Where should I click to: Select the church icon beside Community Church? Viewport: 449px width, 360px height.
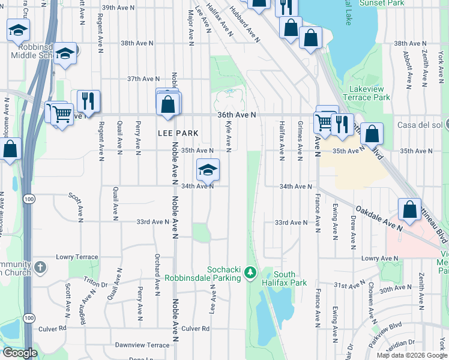point(40,267)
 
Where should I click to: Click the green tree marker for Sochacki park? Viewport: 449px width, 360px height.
point(251,274)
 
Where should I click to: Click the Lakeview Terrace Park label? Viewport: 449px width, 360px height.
point(366,93)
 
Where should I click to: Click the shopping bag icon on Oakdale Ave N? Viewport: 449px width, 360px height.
point(409,209)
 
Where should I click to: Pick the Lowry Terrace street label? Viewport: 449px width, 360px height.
point(77,257)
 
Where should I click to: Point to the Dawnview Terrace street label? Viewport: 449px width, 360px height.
point(142,345)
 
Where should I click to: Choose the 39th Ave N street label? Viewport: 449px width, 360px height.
point(117,8)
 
